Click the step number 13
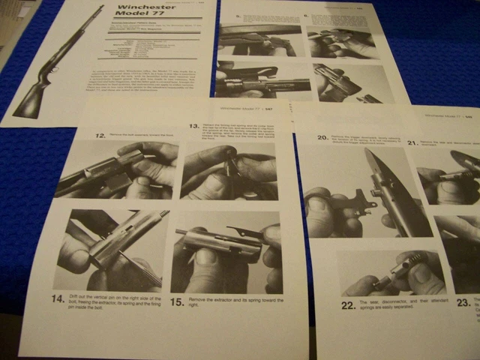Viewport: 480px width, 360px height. (193, 127)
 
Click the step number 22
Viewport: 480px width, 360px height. (348, 305)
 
